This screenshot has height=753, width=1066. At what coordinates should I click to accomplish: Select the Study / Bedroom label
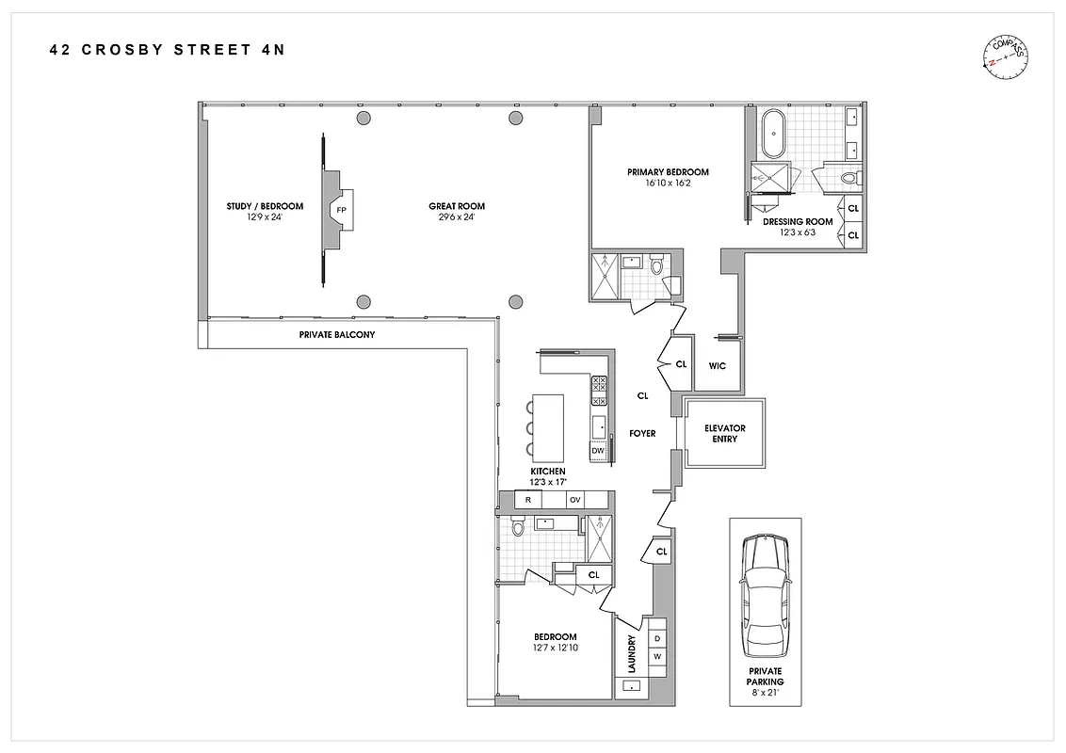(x=265, y=206)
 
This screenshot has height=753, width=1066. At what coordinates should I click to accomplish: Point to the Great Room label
(x=457, y=206)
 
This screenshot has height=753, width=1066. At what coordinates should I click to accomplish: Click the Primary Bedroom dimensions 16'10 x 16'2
(x=668, y=184)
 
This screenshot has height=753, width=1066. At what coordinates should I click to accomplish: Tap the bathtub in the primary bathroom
(x=772, y=134)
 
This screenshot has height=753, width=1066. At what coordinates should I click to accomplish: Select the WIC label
(x=717, y=366)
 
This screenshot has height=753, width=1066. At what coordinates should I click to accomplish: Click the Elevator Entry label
(x=724, y=434)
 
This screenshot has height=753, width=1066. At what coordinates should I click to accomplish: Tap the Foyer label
(x=642, y=433)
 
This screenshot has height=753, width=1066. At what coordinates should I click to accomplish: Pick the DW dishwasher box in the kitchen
(x=598, y=451)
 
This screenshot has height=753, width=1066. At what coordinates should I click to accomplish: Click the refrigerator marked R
(x=528, y=500)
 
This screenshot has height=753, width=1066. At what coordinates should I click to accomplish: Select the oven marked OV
(x=573, y=500)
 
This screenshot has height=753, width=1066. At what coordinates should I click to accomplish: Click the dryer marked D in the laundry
(x=656, y=639)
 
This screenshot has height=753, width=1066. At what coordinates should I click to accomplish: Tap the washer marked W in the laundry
(x=656, y=657)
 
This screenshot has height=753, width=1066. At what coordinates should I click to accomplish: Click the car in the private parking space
(x=764, y=596)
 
